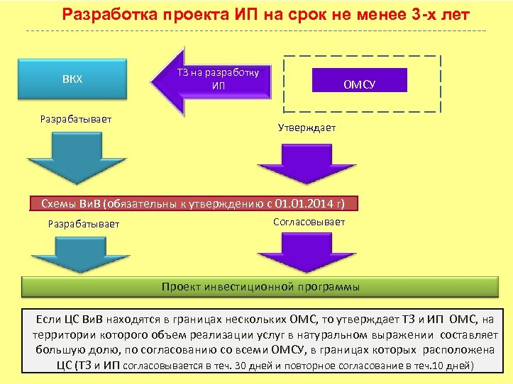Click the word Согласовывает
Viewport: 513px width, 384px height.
(309, 222)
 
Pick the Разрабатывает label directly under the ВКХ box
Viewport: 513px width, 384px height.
(77, 119)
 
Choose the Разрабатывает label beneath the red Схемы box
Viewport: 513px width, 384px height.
(83, 224)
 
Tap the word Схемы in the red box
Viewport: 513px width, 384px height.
(60, 204)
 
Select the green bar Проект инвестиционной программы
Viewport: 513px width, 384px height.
(260, 287)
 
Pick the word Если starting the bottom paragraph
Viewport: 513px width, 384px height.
(48, 318)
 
